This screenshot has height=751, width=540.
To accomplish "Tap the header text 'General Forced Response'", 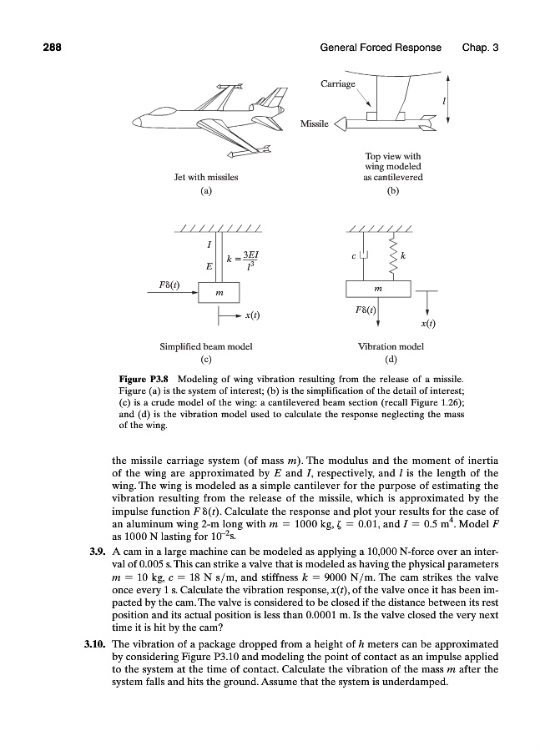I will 381,48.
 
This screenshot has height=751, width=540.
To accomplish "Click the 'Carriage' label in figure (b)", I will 337,84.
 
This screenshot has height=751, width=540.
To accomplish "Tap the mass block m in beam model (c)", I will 218,293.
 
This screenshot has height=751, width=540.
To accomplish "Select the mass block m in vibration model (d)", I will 378,289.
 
